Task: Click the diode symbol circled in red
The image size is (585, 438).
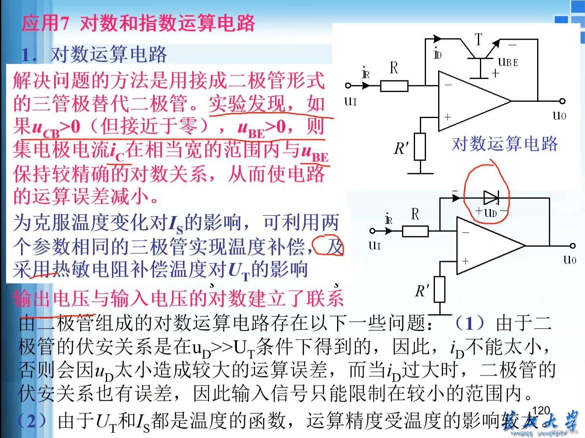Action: (x=490, y=198)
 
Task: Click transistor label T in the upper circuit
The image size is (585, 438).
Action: (x=479, y=39)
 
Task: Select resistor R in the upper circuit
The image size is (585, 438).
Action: (x=394, y=86)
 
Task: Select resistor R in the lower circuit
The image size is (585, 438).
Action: (x=415, y=232)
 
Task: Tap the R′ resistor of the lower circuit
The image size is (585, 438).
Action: (x=439, y=289)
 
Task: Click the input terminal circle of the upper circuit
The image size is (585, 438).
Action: (x=348, y=86)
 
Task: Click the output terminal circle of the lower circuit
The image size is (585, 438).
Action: (x=572, y=246)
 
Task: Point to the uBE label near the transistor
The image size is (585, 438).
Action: (x=508, y=62)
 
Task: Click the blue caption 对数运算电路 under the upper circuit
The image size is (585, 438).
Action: (x=505, y=144)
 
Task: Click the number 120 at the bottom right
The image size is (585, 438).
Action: (x=541, y=411)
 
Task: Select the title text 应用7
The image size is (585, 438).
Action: (x=45, y=23)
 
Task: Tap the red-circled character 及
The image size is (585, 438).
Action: (x=335, y=246)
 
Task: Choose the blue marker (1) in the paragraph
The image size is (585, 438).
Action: (x=469, y=323)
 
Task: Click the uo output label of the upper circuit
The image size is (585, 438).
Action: (x=559, y=116)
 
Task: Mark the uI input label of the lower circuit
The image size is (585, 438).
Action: (x=375, y=245)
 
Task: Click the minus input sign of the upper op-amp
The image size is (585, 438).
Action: (x=448, y=85)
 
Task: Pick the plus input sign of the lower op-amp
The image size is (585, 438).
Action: (x=465, y=262)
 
